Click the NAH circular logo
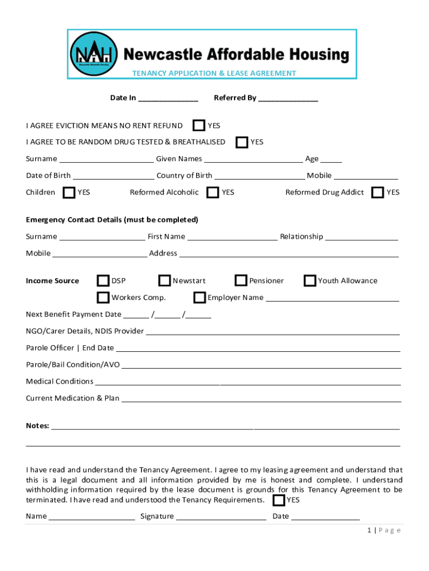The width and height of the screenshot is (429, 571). tap(94, 54)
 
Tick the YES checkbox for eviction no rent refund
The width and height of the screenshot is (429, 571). tap(199, 125)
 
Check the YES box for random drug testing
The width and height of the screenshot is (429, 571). tap(242, 142)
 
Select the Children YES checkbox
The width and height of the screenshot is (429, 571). tap(69, 192)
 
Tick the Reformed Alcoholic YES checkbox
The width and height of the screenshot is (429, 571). tap(213, 192)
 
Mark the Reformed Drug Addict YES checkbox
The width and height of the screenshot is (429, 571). tap(378, 192)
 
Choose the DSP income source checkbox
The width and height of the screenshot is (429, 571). tap(103, 280)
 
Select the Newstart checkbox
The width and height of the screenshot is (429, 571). tap(164, 280)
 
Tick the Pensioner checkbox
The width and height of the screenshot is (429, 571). tap(241, 280)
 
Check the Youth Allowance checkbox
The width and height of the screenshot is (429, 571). tap(310, 280)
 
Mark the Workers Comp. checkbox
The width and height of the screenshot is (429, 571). tap(103, 297)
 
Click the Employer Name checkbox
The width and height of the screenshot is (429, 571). tap(199, 297)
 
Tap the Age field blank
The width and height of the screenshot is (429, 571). tap(331, 159)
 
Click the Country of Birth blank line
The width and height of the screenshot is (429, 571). tap(260, 176)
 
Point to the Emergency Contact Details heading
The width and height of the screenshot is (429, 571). tap(112, 220)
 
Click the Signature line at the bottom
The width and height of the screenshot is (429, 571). tap(221, 517)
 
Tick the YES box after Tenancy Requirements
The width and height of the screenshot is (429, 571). tap(279, 500)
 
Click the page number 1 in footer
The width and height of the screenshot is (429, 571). tap(369, 530)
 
